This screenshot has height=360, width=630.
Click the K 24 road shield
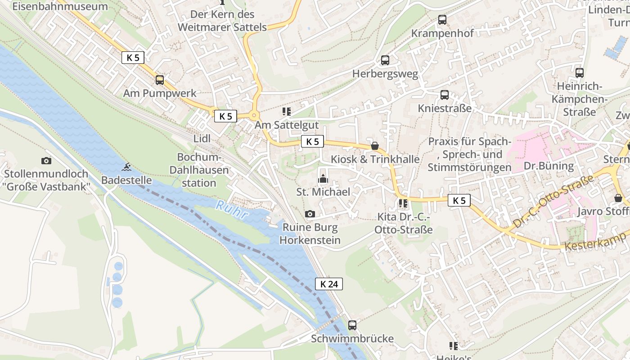[x=328, y=284]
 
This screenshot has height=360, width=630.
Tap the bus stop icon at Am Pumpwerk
[x=160, y=80]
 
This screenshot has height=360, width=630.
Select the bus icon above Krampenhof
[x=442, y=20]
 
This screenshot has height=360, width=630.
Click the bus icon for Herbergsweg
[x=385, y=60]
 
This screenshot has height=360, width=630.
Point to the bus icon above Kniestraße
[x=445, y=95]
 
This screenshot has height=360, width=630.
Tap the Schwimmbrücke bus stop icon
[x=352, y=325]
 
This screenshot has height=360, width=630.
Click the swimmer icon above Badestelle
[x=126, y=167]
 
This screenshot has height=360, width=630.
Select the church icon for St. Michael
[x=323, y=179]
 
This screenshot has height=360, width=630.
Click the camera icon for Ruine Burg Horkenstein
[x=310, y=214]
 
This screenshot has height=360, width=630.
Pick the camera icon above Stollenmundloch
[x=46, y=161]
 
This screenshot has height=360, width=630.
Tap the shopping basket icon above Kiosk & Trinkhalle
[x=374, y=146]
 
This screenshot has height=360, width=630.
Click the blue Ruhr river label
[x=232, y=211]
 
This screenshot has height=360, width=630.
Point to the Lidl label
[x=202, y=139]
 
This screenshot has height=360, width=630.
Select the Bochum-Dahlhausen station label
[x=200, y=170]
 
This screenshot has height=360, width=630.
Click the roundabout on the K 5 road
[x=254, y=115]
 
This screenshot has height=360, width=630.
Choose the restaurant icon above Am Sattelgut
[x=286, y=112]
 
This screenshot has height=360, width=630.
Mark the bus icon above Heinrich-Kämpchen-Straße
[x=580, y=73]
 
